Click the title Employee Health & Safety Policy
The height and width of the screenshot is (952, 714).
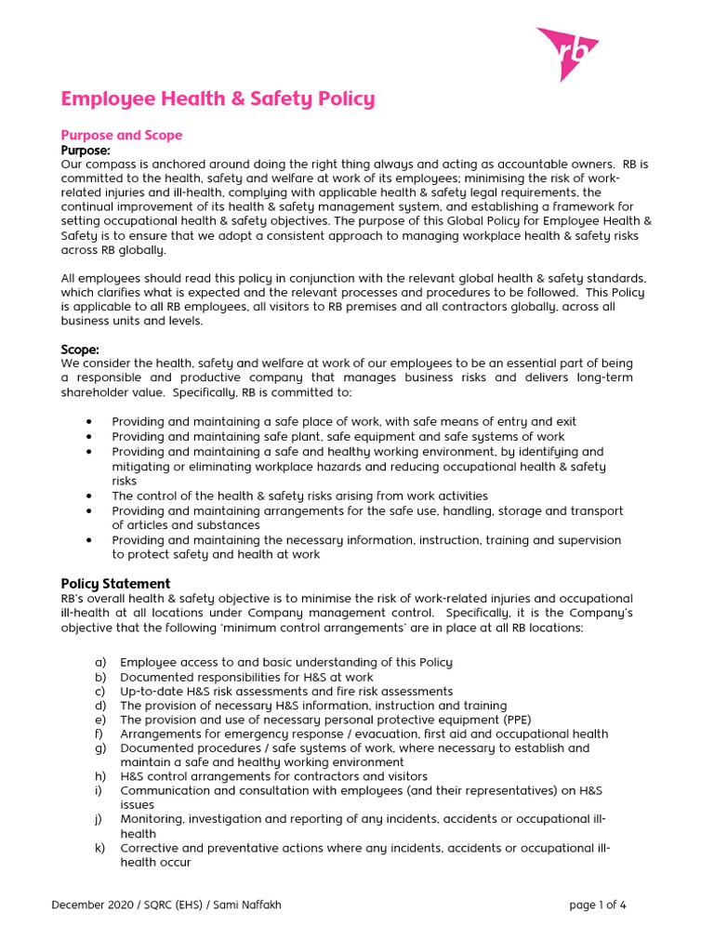[218, 99]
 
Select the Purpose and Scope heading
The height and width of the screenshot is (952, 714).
[121, 135]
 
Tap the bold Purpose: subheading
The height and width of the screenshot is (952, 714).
[86, 150]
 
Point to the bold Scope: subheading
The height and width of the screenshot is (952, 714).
[80, 349]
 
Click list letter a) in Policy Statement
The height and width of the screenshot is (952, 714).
[100, 662]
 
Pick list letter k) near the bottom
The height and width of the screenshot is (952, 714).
[100, 848]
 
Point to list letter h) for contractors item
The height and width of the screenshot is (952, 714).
[100, 776]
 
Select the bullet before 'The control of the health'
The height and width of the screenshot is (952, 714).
[88, 496]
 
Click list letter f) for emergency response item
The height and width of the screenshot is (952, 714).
[100, 734]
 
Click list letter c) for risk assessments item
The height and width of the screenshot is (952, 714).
[100, 691]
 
